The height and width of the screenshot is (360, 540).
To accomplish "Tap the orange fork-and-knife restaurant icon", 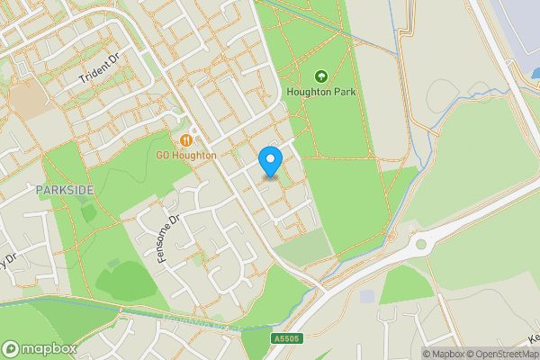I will coord(186,140).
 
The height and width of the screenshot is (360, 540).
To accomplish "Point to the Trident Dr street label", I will coord(99,69).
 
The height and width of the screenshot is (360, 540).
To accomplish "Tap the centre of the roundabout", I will coord(420,244).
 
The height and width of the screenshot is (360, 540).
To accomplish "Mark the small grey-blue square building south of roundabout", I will coord(366,296).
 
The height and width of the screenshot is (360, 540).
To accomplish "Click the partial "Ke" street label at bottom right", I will coord(533,338).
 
